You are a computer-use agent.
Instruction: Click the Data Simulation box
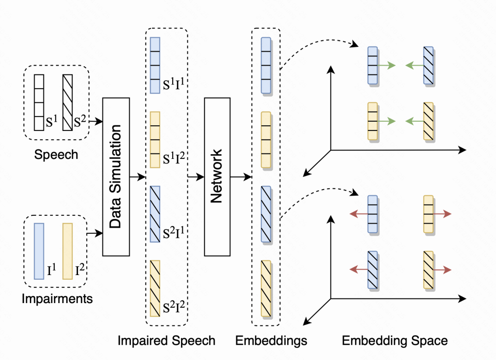click(x=115, y=176)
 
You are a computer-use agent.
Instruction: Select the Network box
click(x=217, y=176)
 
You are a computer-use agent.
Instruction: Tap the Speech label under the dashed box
click(x=56, y=154)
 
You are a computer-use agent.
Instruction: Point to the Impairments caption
click(x=57, y=299)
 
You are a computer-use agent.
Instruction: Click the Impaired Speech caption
click(x=166, y=341)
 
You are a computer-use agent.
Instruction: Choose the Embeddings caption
click(x=271, y=341)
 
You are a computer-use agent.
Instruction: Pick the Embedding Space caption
click(x=395, y=341)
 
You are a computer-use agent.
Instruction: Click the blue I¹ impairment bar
click(x=39, y=251)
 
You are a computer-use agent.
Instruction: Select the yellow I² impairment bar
click(x=68, y=251)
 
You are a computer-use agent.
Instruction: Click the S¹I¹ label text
click(x=174, y=85)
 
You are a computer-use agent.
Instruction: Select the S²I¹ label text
click(x=174, y=234)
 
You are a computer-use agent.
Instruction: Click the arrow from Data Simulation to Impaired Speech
click(x=137, y=176)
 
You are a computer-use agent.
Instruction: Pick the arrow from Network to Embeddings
click(x=241, y=176)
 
